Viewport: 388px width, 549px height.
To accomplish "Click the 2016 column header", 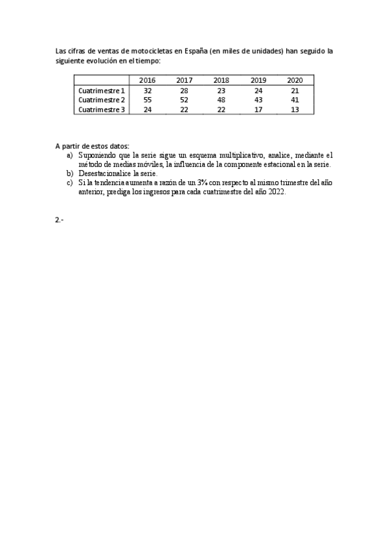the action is point(148,81).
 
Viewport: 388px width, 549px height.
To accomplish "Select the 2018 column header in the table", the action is point(221,81).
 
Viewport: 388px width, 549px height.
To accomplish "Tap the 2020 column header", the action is point(295,81).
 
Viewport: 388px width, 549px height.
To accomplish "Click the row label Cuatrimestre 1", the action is point(102,91).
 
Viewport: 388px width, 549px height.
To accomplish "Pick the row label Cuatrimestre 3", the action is point(102,110).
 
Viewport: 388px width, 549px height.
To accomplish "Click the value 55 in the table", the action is point(148,100).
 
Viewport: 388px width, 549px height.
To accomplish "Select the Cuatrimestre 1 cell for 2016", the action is point(148,91).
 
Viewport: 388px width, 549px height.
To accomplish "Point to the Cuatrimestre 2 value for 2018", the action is point(221,100).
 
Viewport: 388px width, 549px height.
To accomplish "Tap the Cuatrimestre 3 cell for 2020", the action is point(295,110).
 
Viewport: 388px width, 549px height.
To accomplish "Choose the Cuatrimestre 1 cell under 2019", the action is point(258,91).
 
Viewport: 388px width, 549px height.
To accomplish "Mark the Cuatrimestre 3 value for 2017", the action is point(185,110).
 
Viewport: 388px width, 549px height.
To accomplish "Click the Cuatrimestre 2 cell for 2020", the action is point(295,100).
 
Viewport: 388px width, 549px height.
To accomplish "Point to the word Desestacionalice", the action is point(104,174).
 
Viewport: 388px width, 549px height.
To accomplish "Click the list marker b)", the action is point(69,174).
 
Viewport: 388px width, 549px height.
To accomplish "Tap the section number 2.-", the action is point(60,219).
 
